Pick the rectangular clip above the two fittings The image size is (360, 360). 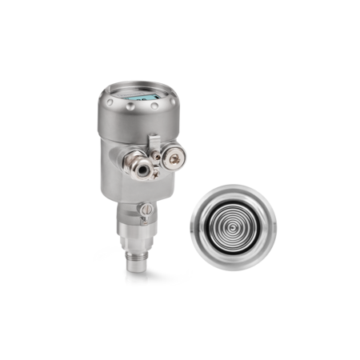click(153, 141)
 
